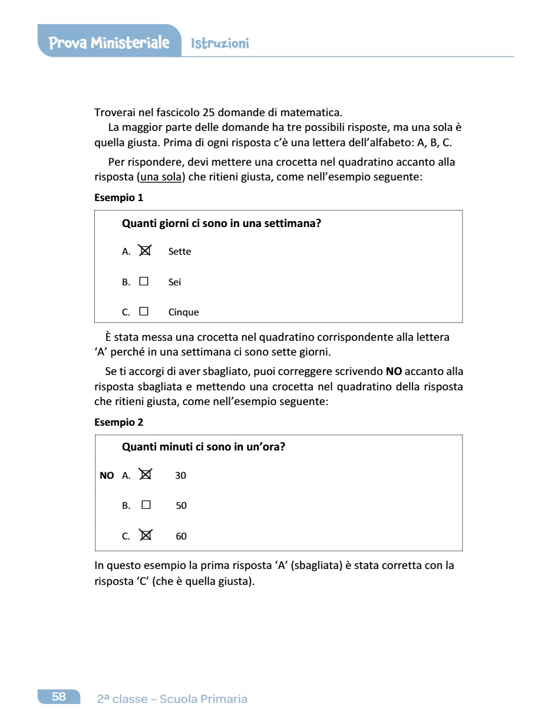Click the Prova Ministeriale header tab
(109, 43)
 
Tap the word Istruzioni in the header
(220, 44)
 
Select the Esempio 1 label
(118, 198)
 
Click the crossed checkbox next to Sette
(144, 251)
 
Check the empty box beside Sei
(144, 282)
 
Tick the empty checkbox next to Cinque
(144, 312)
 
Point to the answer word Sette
(180, 252)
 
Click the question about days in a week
(221, 224)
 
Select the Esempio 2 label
(118, 423)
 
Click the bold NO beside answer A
(107, 476)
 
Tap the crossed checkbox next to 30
(146, 475)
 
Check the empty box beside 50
(146, 505)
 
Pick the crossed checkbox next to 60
(146, 535)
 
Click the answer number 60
(181, 537)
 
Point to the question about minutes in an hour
(203, 447)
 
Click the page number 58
(59, 697)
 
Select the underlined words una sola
(160, 177)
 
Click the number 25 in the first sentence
(208, 112)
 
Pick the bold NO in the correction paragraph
(393, 372)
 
